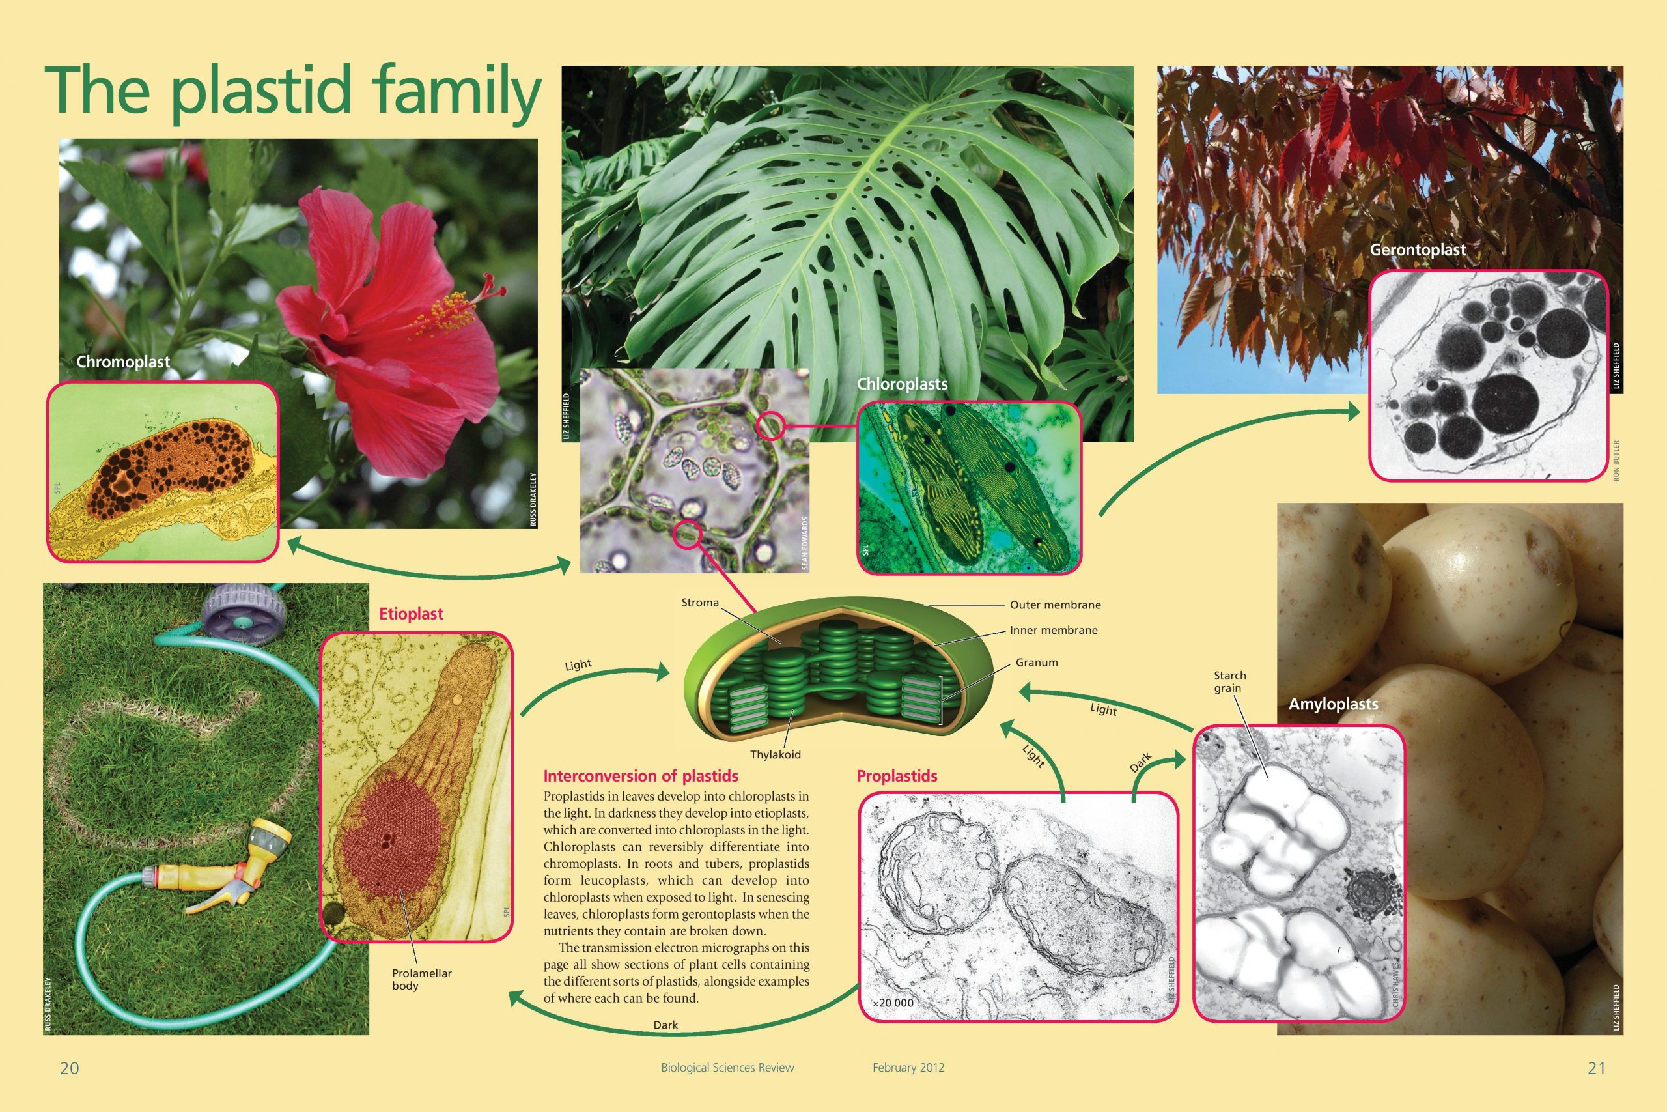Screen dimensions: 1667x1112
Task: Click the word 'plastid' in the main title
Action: [261, 91]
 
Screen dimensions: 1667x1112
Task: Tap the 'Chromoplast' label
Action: [123, 362]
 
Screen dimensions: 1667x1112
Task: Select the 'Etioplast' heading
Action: [411, 614]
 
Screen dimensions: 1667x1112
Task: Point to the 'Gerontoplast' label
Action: [1418, 249]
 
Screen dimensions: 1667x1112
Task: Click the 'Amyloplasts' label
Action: [1333, 704]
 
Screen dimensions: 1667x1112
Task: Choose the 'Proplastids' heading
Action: [897, 776]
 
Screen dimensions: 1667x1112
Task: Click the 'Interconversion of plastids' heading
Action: [641, 776]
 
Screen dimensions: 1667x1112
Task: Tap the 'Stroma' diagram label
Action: [700, 603]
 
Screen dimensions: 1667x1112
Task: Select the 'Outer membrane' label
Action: [1056, 605]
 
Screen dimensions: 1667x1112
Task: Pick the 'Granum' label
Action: [1036, 663]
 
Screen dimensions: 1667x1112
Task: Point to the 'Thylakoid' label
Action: [776, 754]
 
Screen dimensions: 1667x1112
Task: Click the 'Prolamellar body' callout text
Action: [422, 979]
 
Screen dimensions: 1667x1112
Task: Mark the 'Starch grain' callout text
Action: [1229, 681]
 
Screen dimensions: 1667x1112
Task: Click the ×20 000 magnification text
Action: [893, 1003]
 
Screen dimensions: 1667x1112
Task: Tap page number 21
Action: [1596, 1068]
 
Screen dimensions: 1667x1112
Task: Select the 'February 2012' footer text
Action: [908, 1067]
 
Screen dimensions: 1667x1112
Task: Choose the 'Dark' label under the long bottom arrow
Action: [665, 1025]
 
